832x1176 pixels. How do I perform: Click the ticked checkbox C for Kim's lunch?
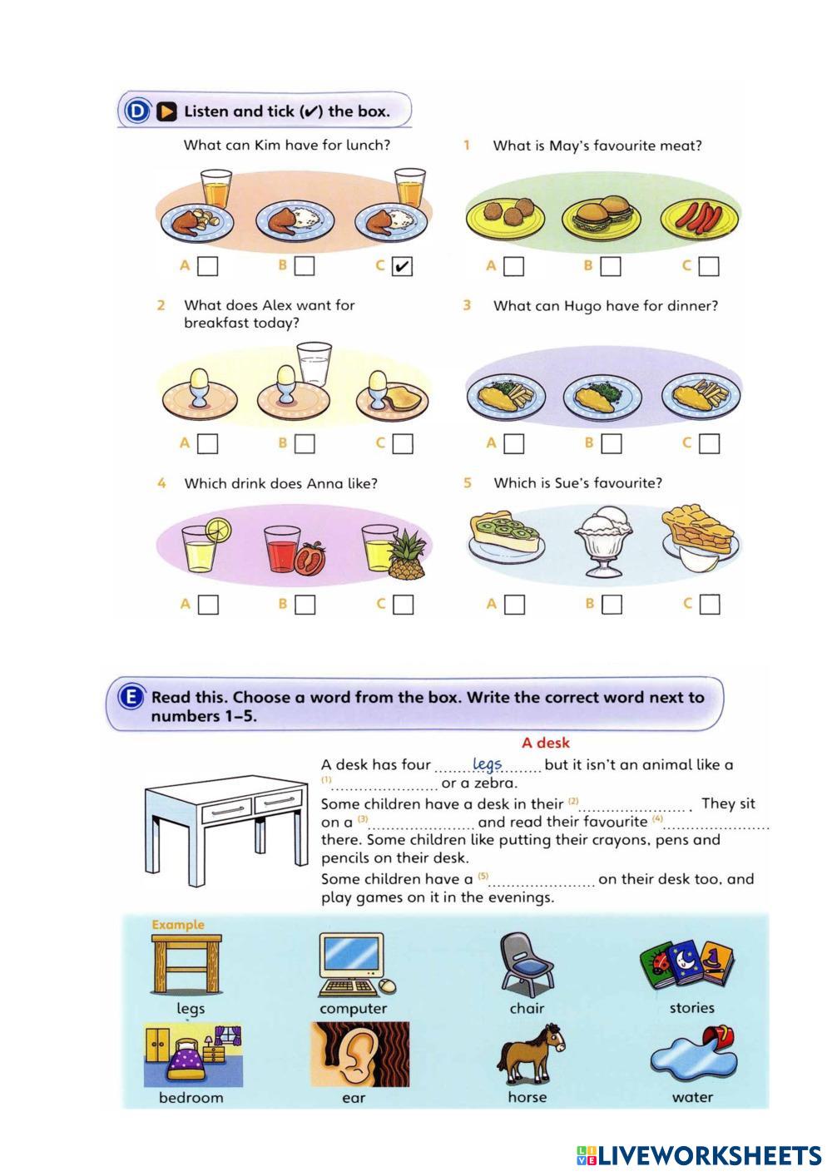pos(402,266)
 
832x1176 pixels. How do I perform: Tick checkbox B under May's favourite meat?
pos(612,266)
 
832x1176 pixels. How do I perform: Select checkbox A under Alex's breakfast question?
pos(208,443)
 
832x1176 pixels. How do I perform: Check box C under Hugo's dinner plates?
pos(709,443)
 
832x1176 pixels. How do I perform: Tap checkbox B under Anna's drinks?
pos(305,605)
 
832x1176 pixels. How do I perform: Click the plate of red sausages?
pos(700,218)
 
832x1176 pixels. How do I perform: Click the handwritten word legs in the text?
pos(487,763)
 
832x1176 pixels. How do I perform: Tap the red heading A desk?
pos(546,743)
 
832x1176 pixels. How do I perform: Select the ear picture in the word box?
pos(360,1054)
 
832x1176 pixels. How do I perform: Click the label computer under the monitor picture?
pos(353,1009)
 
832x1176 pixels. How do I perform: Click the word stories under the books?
pos(691,1008)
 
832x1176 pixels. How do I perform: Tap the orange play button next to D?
pos(167,111)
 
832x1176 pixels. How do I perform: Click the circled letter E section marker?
pos(131,698)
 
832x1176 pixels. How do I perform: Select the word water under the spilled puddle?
pos(692,1097)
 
